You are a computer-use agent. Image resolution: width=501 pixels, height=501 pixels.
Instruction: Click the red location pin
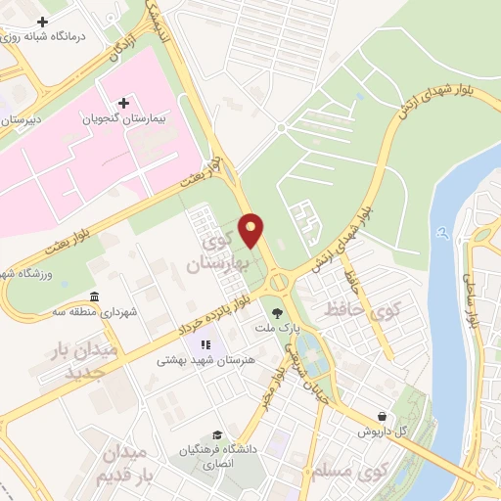point(251,231)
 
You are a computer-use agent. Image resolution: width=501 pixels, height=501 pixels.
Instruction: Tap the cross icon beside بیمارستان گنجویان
point(123,103)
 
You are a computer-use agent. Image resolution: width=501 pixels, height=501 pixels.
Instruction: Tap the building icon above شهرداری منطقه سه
point(94,297)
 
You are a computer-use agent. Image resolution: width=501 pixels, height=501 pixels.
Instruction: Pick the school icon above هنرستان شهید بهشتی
point(205,344)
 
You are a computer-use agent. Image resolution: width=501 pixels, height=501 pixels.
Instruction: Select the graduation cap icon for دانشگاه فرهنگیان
point(216,435)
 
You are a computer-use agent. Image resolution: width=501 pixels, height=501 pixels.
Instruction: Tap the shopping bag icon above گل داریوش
point(394,415)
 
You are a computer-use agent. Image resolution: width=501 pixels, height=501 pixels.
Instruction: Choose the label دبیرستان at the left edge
point(22,117)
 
